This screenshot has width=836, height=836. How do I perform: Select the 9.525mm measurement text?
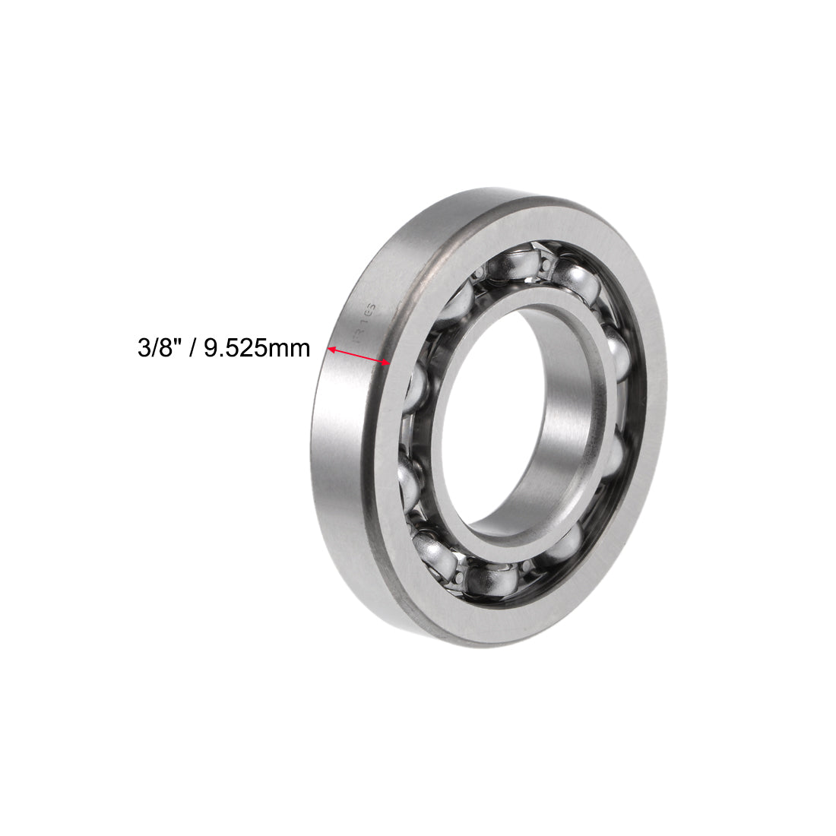point(254,349)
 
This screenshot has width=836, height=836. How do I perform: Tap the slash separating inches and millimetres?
point(192,349)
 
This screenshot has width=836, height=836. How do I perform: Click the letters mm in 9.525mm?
point(294,350)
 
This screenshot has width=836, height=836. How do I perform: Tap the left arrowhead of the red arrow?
point(332,349)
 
